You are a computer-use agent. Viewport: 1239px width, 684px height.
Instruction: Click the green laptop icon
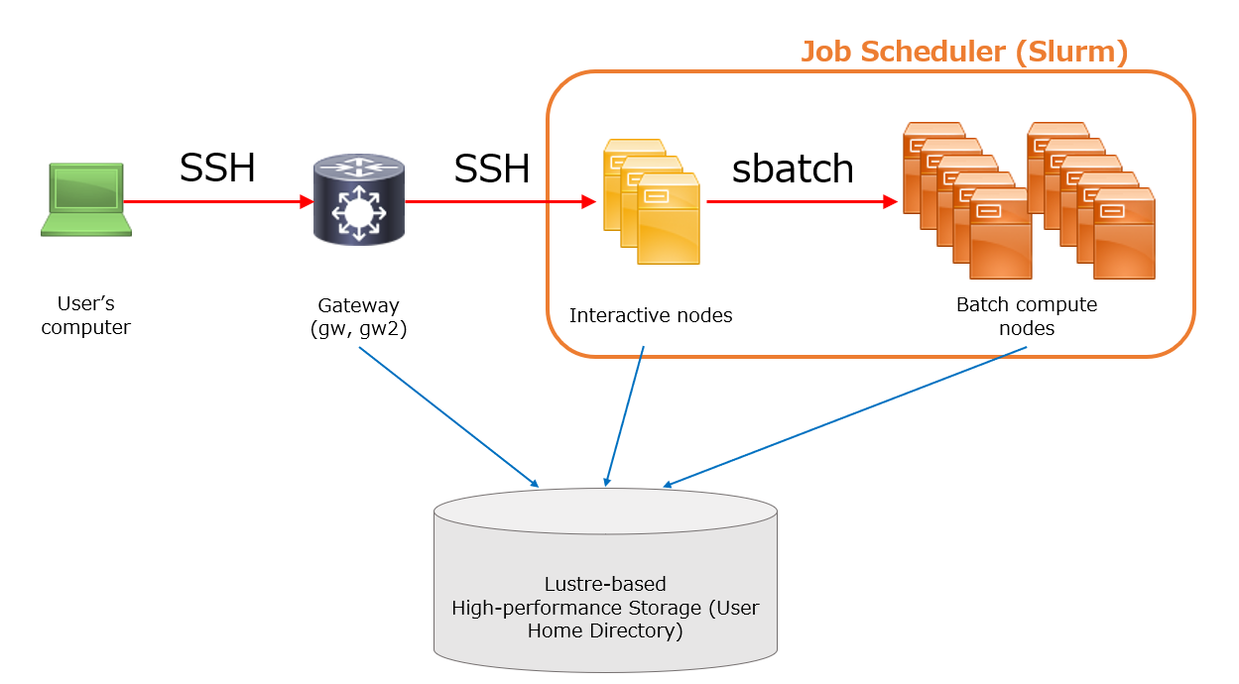click(86, 199)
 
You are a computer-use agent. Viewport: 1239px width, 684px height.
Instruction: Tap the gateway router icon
click(359, 199)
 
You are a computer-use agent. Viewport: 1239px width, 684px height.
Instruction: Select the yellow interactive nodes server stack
click(652, 202)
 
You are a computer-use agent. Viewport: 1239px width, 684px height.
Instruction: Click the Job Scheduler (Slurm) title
click(964, 52)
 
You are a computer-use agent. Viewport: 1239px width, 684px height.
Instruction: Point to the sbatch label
click(793, 169)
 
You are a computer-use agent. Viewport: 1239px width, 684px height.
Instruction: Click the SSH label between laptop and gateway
click(217, 167)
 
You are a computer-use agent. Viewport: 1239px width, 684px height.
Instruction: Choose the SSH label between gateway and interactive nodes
click(491, 169)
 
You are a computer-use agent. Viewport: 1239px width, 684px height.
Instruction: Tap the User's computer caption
click(85, 315)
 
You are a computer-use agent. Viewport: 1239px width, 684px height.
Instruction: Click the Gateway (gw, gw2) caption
click(358, 317)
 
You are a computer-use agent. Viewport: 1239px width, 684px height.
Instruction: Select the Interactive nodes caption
click(651, 315)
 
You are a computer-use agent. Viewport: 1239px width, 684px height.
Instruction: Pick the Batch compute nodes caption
click(1027, 316)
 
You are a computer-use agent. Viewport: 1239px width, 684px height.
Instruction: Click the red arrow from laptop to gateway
click(218, 202)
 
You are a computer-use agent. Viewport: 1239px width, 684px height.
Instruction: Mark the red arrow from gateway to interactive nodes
click(501, 202)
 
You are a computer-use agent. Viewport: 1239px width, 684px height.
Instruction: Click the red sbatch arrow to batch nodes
click(803, 202)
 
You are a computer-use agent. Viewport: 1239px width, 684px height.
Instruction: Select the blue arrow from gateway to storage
click(449, 417)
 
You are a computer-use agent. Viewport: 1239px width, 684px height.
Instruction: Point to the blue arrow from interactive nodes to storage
click(625, 416)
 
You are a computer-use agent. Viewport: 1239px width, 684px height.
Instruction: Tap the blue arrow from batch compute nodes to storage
click(844, 417)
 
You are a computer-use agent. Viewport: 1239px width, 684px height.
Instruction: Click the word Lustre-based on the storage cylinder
click(605, 584)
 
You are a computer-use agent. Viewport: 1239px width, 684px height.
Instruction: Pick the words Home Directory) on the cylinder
click(605, 630)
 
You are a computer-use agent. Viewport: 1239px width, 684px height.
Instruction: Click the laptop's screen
click(86, 188)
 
